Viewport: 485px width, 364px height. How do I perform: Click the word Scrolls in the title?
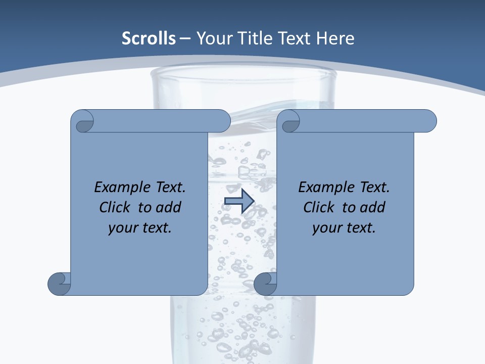(149, 38)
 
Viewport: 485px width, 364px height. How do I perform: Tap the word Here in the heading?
(334, 38)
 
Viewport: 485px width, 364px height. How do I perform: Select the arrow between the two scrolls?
(239, 201)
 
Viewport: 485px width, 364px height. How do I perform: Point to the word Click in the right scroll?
(320, 207)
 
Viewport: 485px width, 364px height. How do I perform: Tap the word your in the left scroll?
(122, 228)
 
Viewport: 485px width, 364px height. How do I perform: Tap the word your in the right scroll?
(326, 228)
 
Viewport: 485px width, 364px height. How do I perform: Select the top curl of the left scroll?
(84, 122)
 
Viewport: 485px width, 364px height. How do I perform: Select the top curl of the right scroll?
(290, 122)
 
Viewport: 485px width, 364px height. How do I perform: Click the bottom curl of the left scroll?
(60, 283)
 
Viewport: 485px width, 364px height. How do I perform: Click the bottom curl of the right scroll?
(266, 283)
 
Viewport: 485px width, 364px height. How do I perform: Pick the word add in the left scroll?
(169, 207)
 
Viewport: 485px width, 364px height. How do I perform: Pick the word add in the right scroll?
(373, 207)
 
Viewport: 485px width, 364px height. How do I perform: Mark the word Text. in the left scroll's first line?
(169, 188)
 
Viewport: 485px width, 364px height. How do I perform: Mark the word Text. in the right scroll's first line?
(373, 188)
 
